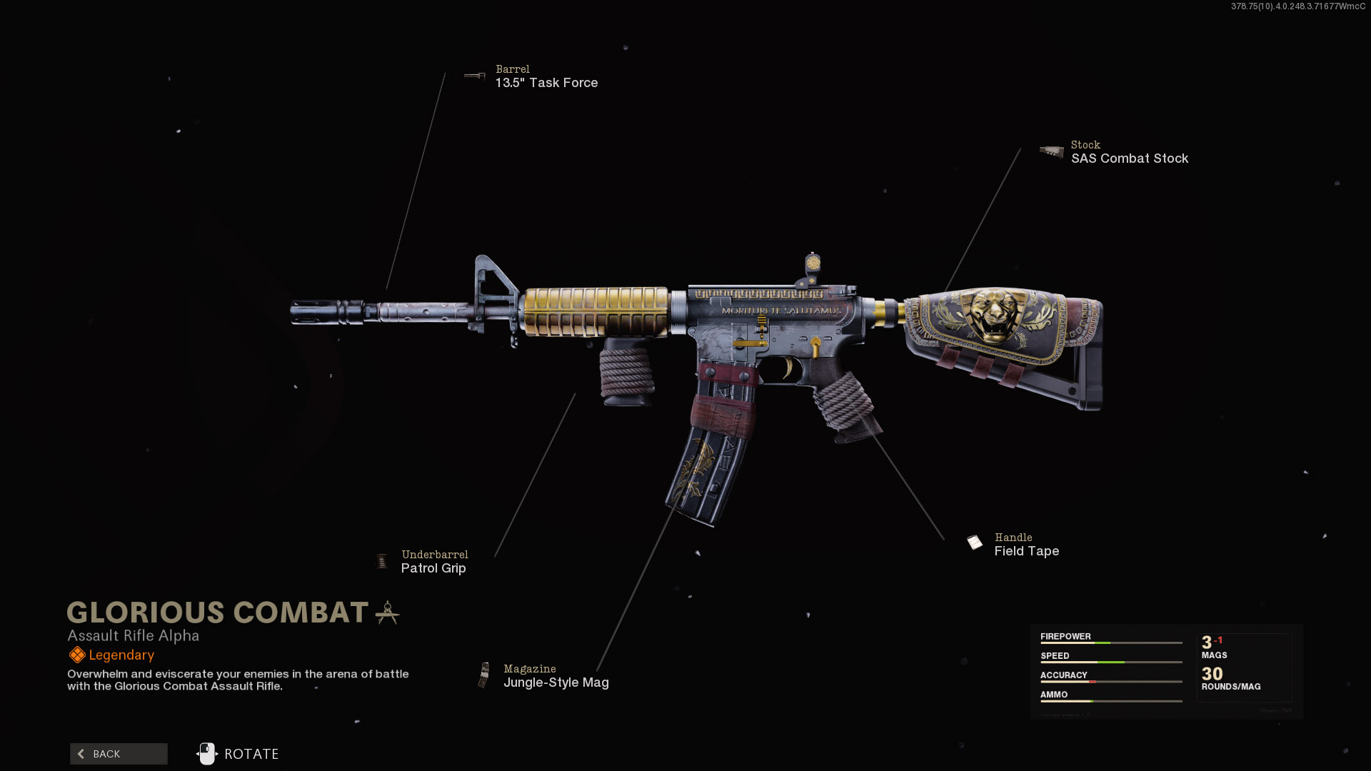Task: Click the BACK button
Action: [x=119, y=754]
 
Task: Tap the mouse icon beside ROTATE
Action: [x=206, y=754]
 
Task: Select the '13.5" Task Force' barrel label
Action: [x=546, y=83]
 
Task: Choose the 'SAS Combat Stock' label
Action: [x=1129, y=158]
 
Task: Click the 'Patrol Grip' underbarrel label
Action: [x=433, y=568]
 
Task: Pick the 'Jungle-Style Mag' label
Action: [x=556, y=682]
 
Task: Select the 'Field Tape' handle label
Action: [x=1026, y=551]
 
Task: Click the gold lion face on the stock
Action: [x=995, y=314]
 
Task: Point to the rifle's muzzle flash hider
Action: [x=314, y=313]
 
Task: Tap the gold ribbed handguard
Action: [x=596, y=311]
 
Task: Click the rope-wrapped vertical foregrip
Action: [x=626, y=371]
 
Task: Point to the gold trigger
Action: [x=788, y=368]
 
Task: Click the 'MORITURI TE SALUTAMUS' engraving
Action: [x=781, y=311]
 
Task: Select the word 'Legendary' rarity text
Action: [x=121, y=655]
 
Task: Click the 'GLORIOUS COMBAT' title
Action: [x=217, y=613]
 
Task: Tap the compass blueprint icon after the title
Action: [x=387, y=613]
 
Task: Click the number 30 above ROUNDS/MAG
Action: [x=1212, y=674]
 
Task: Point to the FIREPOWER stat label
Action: [x=1065, y=637]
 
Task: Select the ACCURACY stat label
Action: [x=1063, y=675]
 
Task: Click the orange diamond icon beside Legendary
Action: [x=76, y=655]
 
